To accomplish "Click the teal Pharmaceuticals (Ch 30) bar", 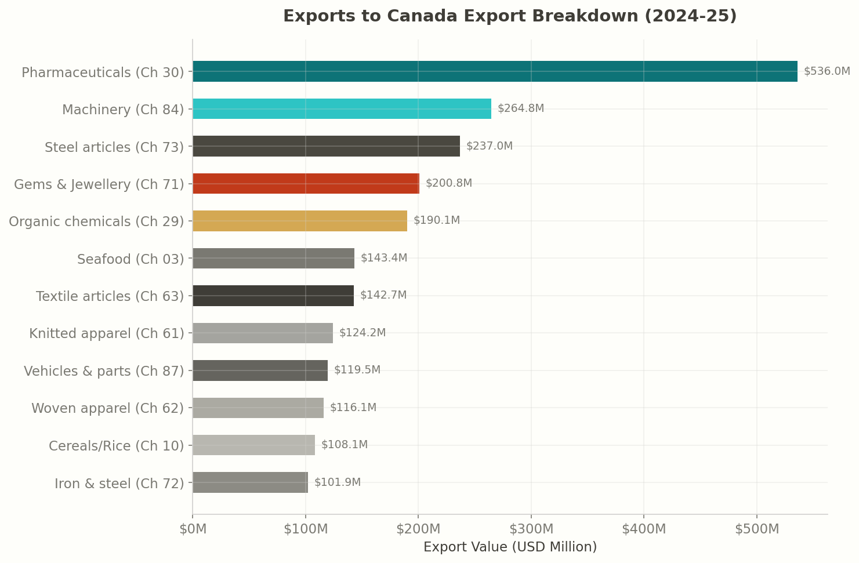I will click(x=495, y=71).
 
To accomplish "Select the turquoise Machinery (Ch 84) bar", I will click(x=342, y=108).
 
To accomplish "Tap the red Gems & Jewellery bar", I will click(x=306, y=183).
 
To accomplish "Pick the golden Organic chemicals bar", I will click(x=300, y=221).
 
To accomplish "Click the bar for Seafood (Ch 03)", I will click(x=273, y=258).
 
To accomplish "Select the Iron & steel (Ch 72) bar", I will click(x=250, y=482).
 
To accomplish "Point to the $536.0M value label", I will click(x=827, y=71).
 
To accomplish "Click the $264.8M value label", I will click(x=520, y=108).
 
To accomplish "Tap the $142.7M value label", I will click(x=383, y=295).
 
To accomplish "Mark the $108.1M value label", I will click(x=344, y=445).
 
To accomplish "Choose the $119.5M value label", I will click(x=357, y=370).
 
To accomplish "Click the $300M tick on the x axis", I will click(x=531, y=529).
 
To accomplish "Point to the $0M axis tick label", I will click(x=193, y=529).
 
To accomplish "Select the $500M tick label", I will click(x=756, y=529).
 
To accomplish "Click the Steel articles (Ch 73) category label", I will click(x=114, y=147).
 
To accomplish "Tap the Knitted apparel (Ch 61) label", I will click(x=107, y=333).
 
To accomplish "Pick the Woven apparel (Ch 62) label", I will click(x=107, y=408).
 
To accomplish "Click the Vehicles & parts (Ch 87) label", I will click(x=104, y=371).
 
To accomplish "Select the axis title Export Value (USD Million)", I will click(x=510, y=547).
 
